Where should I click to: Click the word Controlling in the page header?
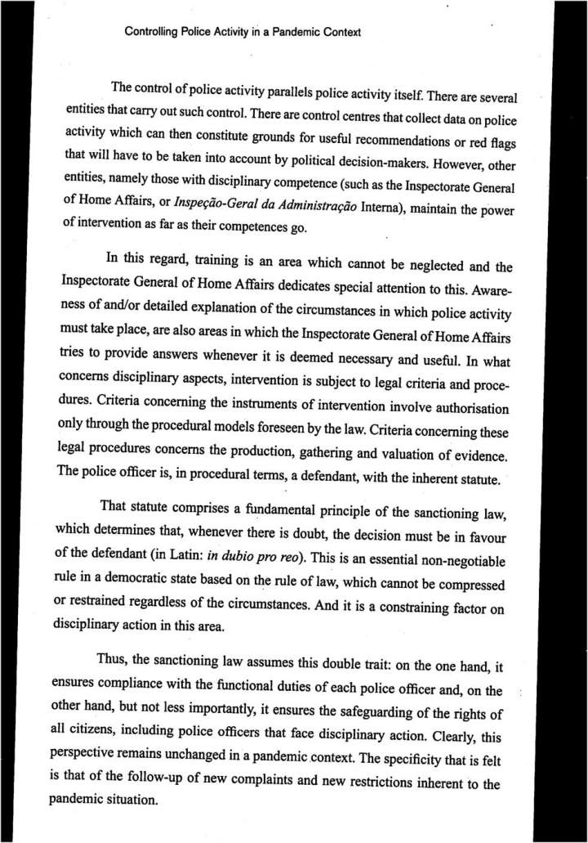point(151,33)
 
